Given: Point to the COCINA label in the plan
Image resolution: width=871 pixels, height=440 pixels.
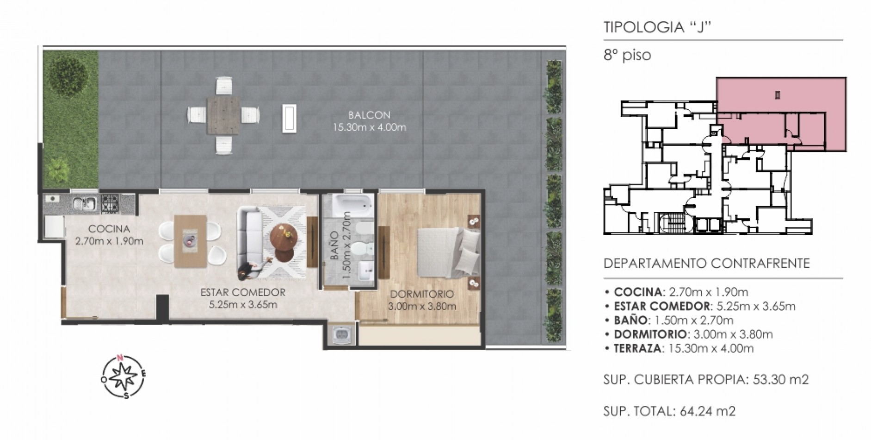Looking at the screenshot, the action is coord(109,229).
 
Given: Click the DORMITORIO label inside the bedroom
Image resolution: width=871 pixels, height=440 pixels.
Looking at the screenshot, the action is coord(422,294).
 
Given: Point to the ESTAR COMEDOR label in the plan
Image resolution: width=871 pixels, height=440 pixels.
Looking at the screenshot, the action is coord(243,292).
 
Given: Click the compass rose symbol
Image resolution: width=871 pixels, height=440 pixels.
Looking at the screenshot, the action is coord(124,376).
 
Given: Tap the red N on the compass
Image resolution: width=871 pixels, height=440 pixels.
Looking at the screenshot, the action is coord(120,358).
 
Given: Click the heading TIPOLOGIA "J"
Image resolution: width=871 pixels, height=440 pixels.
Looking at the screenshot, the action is coord(657,27).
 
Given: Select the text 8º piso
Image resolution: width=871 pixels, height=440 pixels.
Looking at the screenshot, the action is coord(627,56).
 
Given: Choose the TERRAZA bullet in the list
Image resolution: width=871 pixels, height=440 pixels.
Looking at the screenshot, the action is coord(679,348).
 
